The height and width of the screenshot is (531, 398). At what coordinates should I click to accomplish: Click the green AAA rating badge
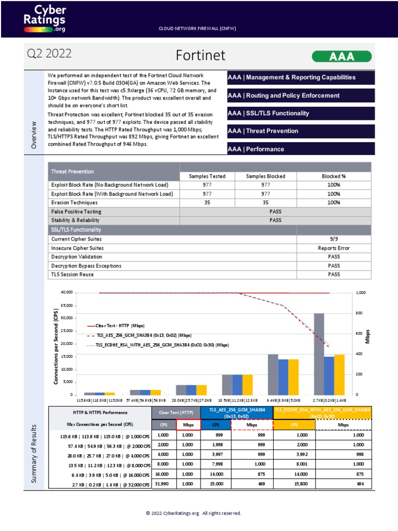[342, 56]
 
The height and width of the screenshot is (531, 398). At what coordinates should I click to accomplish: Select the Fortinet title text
[200, 55]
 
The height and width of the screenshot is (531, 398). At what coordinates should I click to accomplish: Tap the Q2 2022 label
[49, 54]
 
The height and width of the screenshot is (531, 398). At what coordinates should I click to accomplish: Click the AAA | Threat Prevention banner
[301, 131]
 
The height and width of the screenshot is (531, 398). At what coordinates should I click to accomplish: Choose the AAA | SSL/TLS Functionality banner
[301, 113]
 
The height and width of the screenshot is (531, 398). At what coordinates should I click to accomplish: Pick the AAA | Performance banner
[301, 149]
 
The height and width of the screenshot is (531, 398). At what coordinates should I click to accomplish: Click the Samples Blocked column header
[265, 176]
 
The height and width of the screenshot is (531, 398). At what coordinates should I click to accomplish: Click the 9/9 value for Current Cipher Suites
[334, 239]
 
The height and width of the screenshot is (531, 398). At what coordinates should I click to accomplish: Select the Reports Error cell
[334, 248]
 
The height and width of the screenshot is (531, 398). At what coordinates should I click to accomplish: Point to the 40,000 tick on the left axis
[65, 292]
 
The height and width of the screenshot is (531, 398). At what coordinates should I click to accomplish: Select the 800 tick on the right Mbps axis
[360, 313]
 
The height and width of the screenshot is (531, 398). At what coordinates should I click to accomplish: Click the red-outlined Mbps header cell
[188, 424]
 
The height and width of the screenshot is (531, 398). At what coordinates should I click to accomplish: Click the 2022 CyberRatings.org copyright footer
[193, 513]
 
